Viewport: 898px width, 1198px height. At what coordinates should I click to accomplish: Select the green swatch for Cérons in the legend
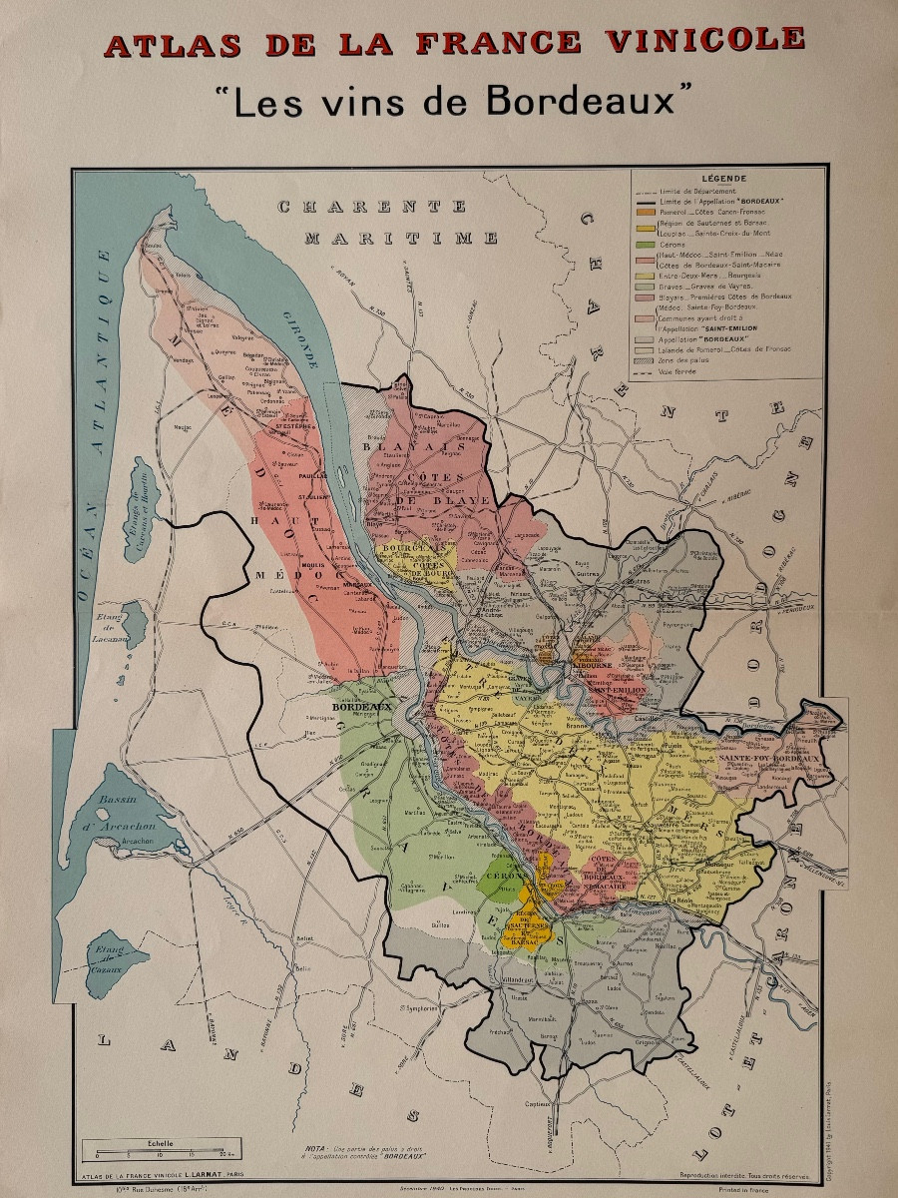644,244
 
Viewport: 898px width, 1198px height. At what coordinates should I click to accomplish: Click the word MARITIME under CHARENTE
401,238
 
